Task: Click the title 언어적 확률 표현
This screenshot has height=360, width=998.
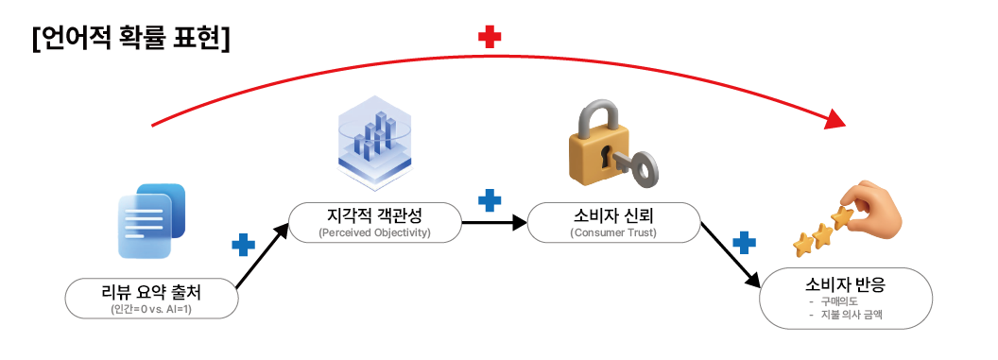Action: [x=130, y=39]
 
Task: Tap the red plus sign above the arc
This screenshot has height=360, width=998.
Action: [x=490, y=37]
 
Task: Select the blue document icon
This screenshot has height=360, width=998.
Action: [x=152, y=221]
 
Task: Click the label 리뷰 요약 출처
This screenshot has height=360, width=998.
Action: [x=151, y=293]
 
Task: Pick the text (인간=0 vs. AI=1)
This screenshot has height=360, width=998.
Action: [x=151, y=310]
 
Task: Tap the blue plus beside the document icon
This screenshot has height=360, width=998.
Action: [x=243, y=245]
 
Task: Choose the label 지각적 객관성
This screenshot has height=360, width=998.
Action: [x=374, y=217]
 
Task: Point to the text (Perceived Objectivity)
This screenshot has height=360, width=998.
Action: [x=374, y=232]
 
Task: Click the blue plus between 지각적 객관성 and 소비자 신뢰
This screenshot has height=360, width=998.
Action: [x=490, y=200]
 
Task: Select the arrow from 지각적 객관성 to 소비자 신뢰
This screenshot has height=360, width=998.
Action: [x=494, y=223]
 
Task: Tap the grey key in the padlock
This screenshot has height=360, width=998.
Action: [x=630, y=165]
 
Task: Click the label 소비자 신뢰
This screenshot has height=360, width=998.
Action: [x=613, y=217]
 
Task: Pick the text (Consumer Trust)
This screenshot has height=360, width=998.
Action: [x=613, y=232]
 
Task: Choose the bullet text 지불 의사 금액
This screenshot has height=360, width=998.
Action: [x=852, y=315]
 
